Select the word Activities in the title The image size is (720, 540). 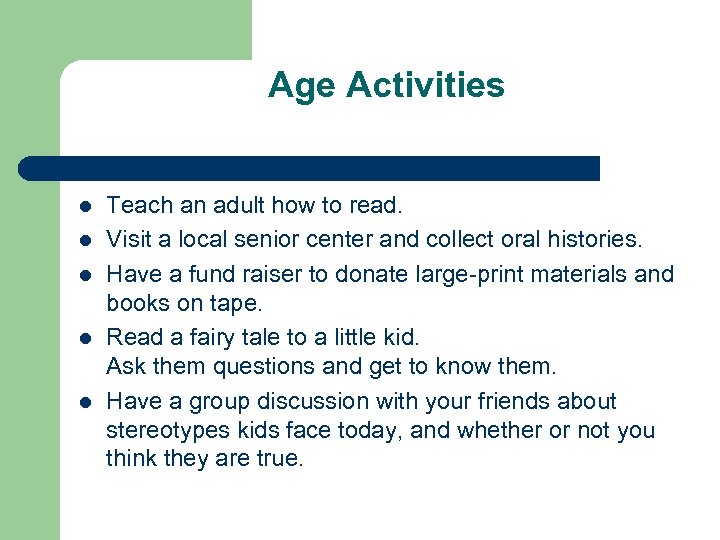click(425, 85)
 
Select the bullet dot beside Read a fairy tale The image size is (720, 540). click(85, 338)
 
